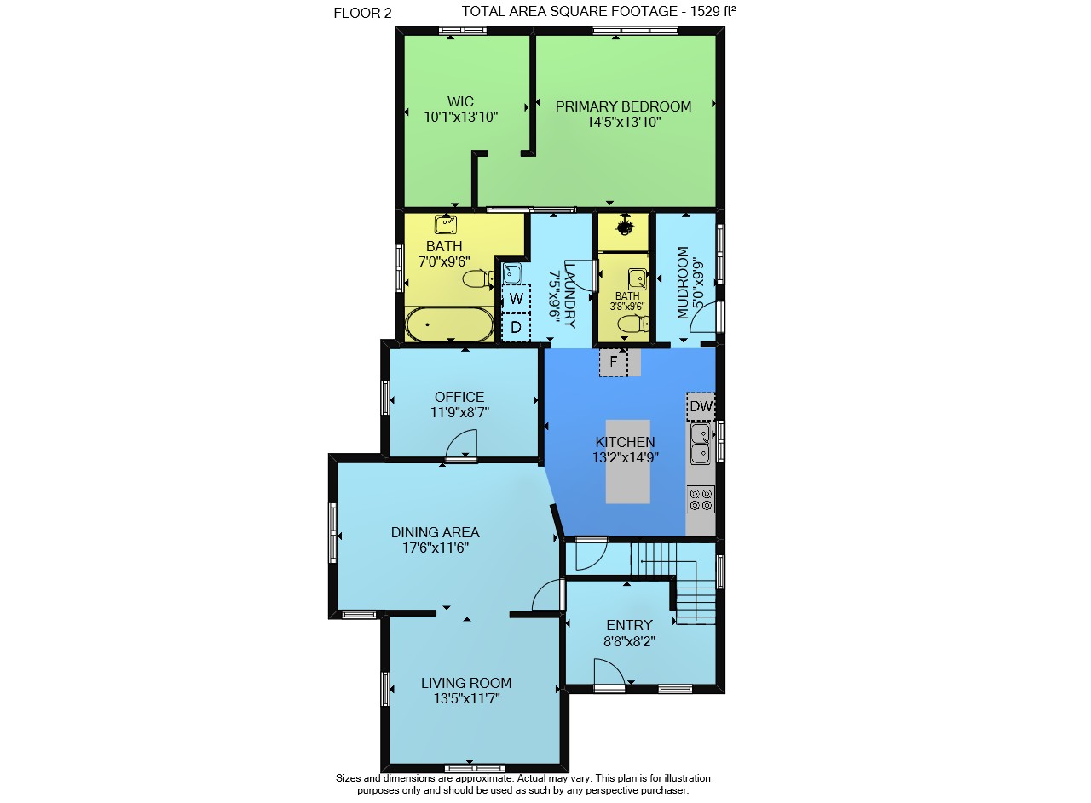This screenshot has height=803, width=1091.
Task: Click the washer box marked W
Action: point(516,298)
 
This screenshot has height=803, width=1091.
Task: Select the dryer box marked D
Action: point(516,327)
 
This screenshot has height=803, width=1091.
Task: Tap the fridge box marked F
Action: point(613,362)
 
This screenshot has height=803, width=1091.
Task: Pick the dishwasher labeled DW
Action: point(701,406)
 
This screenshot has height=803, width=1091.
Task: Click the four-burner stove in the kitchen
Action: point(701,499)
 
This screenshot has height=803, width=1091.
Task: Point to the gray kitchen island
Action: point(628,462)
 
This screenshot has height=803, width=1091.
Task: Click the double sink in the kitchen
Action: point(701,444)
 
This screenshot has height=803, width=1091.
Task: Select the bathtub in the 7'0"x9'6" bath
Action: point(449,324)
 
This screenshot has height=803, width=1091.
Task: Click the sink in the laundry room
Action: point(511,273)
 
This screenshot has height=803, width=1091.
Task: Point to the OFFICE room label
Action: point(459,397)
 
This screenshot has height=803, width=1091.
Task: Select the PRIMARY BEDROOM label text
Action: point(623,106)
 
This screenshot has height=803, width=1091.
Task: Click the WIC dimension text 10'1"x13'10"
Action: point(461,118)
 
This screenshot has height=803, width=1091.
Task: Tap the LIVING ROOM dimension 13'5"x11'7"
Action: point(466,699)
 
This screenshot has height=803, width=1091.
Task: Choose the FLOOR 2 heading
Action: point(362,13)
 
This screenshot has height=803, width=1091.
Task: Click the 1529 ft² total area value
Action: point(713,11)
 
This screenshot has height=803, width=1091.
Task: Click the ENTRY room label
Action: point(629,625)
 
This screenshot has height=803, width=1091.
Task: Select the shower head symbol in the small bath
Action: point(624,227)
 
